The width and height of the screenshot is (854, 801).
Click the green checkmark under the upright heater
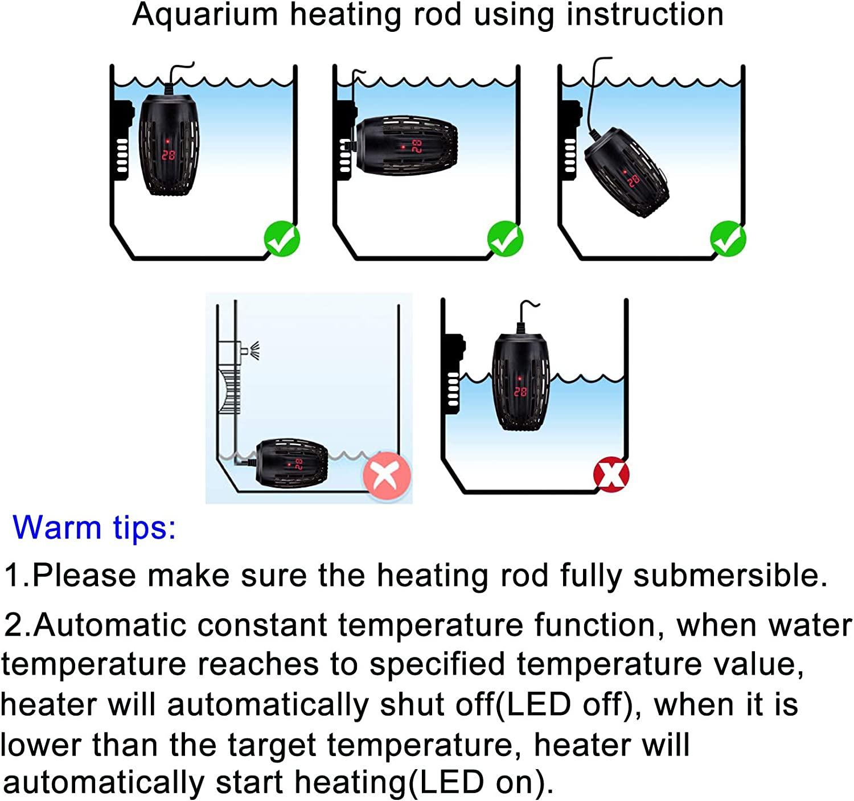tap(282, 239)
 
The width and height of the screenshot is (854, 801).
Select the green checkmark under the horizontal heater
tap(505, 239)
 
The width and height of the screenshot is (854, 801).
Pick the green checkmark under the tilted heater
tap(728, 239)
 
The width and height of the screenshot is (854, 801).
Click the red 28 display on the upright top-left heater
tap(169, 154)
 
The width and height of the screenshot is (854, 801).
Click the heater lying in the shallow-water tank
tap(291, 463)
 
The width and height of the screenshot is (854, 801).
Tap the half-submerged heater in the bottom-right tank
tap(520, 381)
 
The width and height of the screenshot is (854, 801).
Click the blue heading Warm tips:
tap(95, 527)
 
